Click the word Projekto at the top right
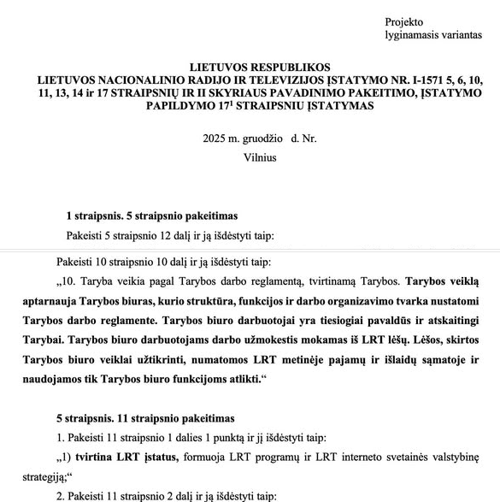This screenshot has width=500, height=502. (x=403, y=21)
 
